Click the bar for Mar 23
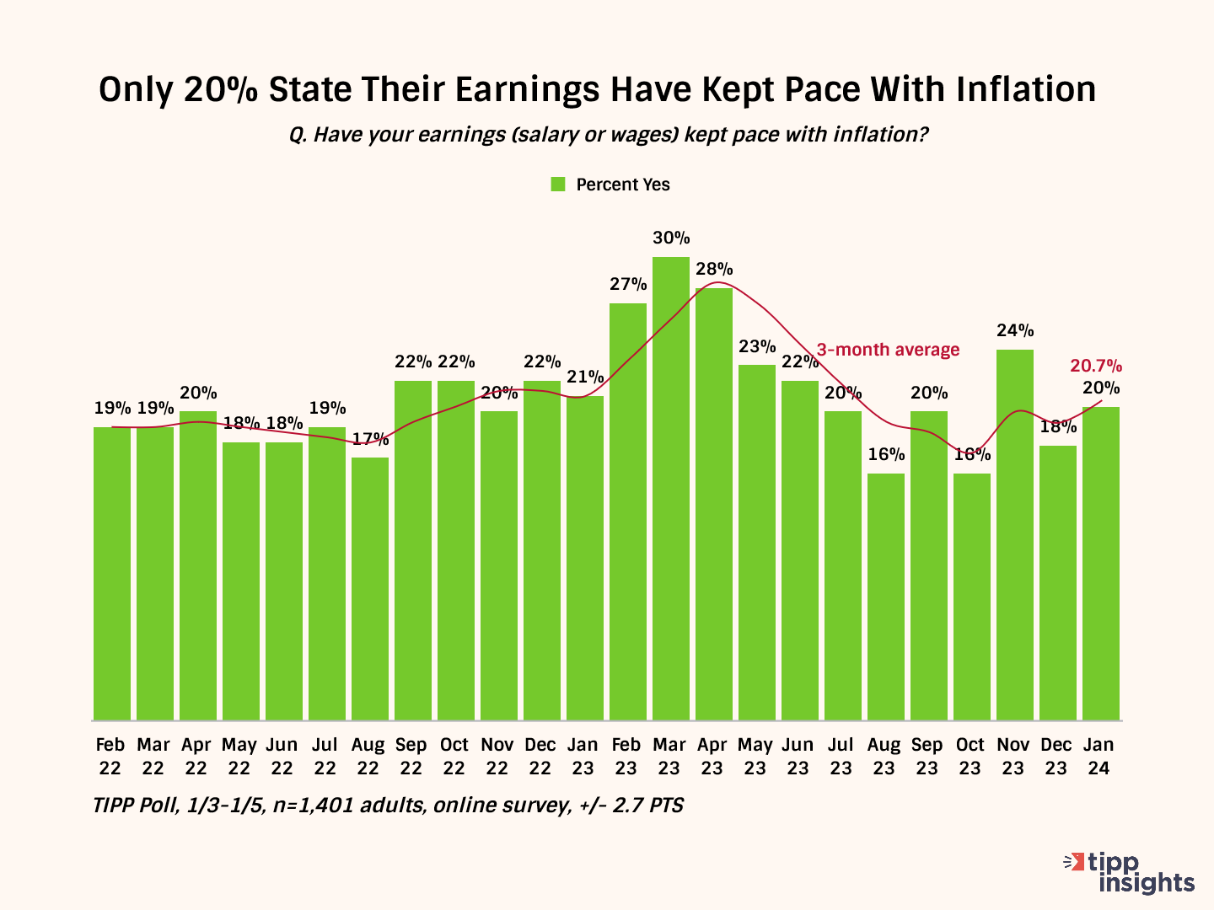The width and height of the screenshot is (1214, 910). pyautogui.click(x=670, y=489)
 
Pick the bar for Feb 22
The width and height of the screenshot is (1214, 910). pyautogui.click(x=112, y=573)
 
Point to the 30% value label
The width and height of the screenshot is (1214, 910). pyautogui.click(x=671, y=238)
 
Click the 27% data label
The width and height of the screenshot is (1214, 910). pyautogui.click(x=628, y=285)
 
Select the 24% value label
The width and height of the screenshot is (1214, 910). pyautogui.click(x=1015, y=331)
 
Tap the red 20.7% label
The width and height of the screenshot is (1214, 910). pyautogui.click(x=1096, y=367)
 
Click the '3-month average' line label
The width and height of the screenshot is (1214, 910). pyautogui.click(x=888, y=350)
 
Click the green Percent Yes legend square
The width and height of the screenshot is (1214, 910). pyautogui.click(x=558, y=185)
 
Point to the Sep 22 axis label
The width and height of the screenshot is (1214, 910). pyautogui.click(x=411, y=756)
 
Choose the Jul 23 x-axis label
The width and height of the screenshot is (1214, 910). pyautogui.click(x=841, y=756)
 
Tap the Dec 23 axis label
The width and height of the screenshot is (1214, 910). pyautogui.click(x=1056, y=756)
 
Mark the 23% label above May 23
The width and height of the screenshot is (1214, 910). pyautogui.click(x=757, y=346)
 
